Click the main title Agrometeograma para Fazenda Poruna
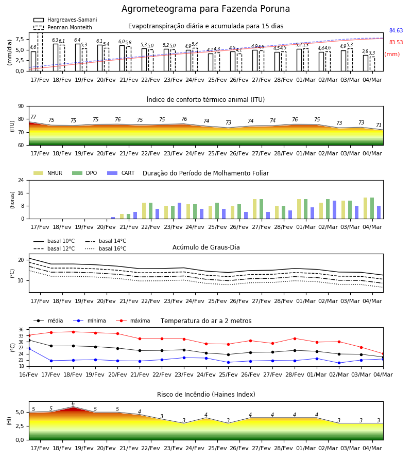[205, 9]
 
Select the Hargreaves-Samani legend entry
[65, 20]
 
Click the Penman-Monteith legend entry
[63, 27]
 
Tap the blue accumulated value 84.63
[396, 30]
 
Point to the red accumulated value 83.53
[396, 42]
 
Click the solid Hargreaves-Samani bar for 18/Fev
[56, 58]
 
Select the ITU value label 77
[33, 117]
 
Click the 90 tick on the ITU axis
[21, 106]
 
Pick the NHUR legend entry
[48, 173]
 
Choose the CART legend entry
[121, 173]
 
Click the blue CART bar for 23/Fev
[179, 211]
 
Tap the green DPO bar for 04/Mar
[372, 208]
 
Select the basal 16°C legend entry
[106, 248]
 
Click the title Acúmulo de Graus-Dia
[206, 247]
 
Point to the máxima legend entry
[133, 320]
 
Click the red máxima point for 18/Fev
[73, 332]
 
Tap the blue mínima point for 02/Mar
[339, 363]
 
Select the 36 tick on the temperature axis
[21, 330]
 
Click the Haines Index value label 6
[73, 404]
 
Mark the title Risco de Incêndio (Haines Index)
[206, 395]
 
